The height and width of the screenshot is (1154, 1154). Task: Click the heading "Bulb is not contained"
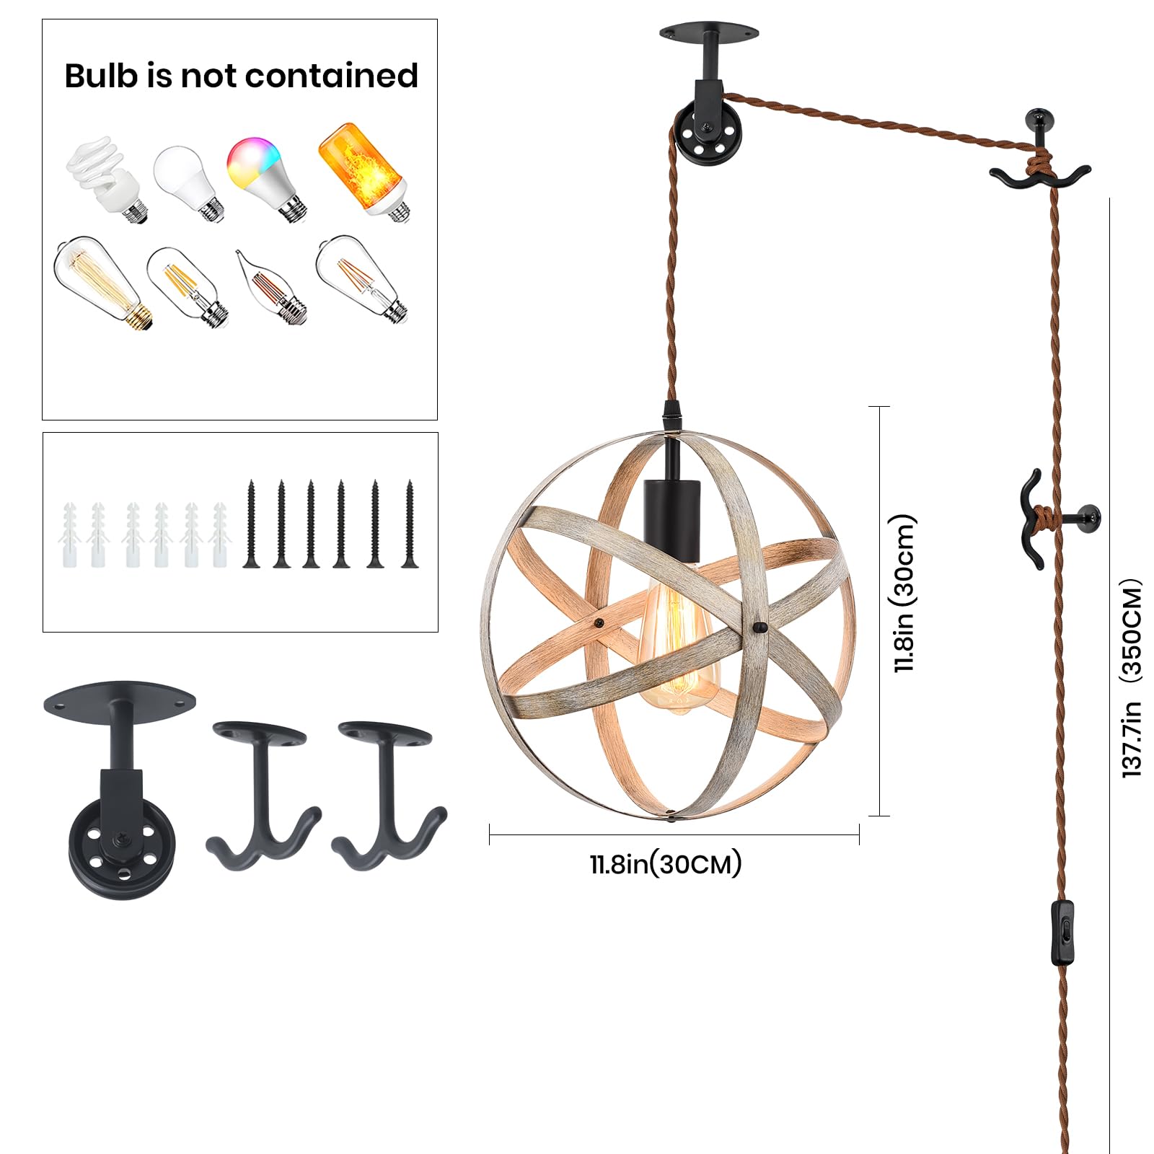(x=241, y=76)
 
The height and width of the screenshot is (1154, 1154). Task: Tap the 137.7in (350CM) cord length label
(x=1132, y=678)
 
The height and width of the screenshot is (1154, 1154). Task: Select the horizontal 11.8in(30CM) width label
(x=666, y=863)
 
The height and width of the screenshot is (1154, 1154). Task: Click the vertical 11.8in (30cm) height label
(x=904, y=594)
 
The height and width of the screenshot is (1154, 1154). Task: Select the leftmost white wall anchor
(x=70, y=535)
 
